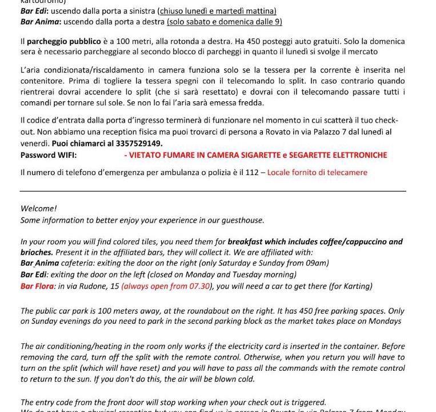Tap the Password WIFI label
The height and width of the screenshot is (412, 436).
coord(49,155)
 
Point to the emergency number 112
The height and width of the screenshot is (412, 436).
coord(251,172)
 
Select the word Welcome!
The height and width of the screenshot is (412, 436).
coord(38,209)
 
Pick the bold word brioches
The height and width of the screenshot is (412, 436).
coord(37,252)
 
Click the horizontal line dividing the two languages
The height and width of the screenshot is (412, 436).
coord(213,191)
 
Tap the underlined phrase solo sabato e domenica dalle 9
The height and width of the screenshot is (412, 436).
coord(224,22)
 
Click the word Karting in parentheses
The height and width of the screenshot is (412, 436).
coord(356,286)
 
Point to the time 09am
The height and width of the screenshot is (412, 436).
coord(317,263)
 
